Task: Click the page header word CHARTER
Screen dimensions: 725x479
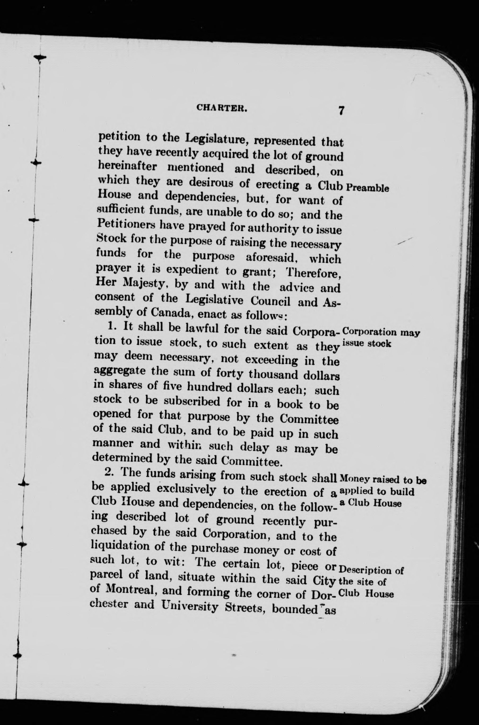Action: [221, 107]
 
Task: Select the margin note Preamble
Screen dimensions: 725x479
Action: [368, 188]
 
